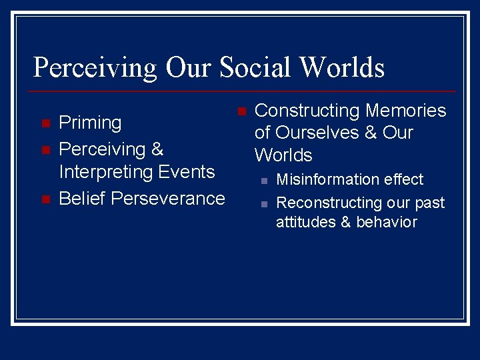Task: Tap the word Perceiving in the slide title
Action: [x=95, y=68]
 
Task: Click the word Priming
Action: [x=90, y=123]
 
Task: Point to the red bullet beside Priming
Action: [x=45, y=124]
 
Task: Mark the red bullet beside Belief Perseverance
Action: [x=45, y=199]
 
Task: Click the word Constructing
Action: [x=307, y=111]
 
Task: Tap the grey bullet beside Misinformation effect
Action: [x=264, y=180]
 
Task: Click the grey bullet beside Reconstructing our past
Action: [x=264, y=203]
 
